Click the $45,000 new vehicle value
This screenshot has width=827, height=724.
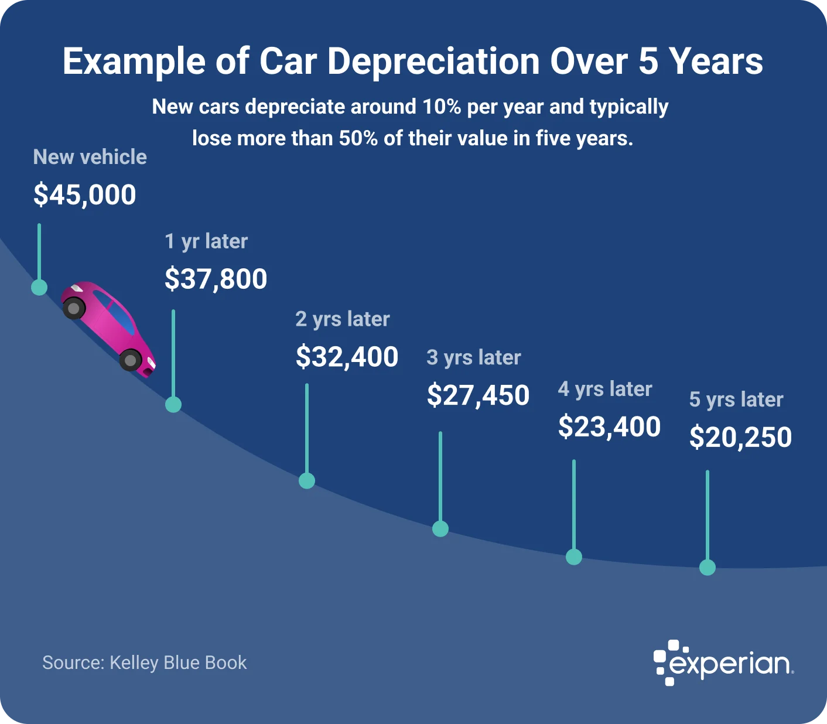[85, 195]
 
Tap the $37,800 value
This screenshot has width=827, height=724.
[216, 279]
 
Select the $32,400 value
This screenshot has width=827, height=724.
[347, 357]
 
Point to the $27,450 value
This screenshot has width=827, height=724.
[478, 395]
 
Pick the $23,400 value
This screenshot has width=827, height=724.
[609, 426]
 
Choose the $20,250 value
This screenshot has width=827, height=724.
[740, 438]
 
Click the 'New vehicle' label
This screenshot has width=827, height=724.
[90, 157]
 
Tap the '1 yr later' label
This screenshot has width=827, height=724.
[206, 241]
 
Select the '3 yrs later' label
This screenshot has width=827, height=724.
[473, 357]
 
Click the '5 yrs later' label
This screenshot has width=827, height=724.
[736, 399]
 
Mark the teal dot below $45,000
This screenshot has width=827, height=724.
[39, 287]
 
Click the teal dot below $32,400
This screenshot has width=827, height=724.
[307, 481]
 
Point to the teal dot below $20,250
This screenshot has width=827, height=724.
[708, 568]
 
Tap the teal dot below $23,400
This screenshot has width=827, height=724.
[574, 556]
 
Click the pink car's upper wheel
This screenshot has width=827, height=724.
[74, 308]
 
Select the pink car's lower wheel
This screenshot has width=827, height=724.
[130, 360]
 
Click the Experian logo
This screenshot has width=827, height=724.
[723, 663]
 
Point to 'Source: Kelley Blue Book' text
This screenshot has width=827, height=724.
[145, 662]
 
